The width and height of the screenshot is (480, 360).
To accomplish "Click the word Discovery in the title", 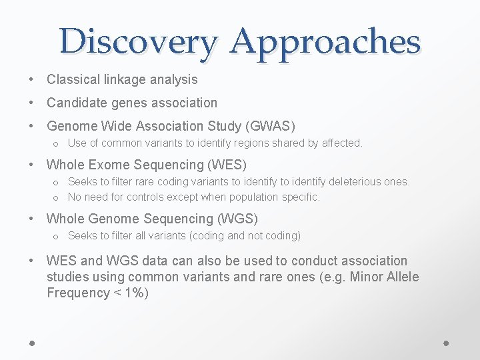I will [x=137, y=41].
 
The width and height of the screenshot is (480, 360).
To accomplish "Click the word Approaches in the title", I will [x=325, y=41].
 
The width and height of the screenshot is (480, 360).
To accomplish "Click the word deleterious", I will [x=361, y=182].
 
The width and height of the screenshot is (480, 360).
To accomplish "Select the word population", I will [x=257, y=197].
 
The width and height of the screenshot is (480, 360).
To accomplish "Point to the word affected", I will [x=341, y=143].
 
